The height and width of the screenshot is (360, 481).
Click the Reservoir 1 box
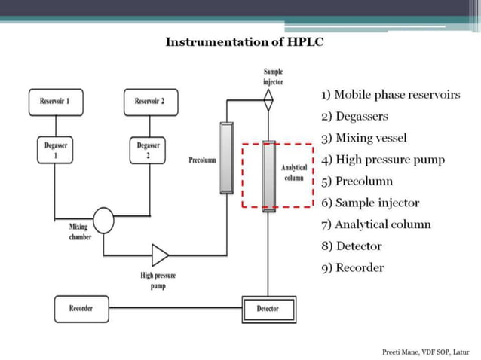pyautogui.click(x=55, y=102)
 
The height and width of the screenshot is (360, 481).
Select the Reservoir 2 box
pyautogui.click(x=149, y=102)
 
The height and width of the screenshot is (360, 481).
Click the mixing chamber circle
pyautogui.click(x=103, y=220)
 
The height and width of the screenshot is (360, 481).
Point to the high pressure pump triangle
pyautogui.click(x=160, y=255)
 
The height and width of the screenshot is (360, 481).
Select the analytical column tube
pyautogui.click(x=268, y=174)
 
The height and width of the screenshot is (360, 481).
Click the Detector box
pyautogui.click(x=268, y=309)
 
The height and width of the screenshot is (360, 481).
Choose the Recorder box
pyautogui.click(x=81, y=308)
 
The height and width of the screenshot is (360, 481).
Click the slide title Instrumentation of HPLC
pyautogui.click(x=244, y=41)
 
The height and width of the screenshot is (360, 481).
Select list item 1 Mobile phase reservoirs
pyautogui.click(x=390, y=95)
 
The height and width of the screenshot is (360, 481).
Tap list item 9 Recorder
pyautogui.click(x=352, y=267)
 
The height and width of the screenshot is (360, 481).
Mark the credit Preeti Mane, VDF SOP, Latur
pyautogui.click(x=425, y=352)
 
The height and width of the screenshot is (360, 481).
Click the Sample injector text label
pyautogui.click(x=273, y=76)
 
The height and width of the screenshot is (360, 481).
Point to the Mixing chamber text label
pyautogui.click(x=80, y=231)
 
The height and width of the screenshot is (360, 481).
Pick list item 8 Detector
pyautogui.click(x=351, y=246)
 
